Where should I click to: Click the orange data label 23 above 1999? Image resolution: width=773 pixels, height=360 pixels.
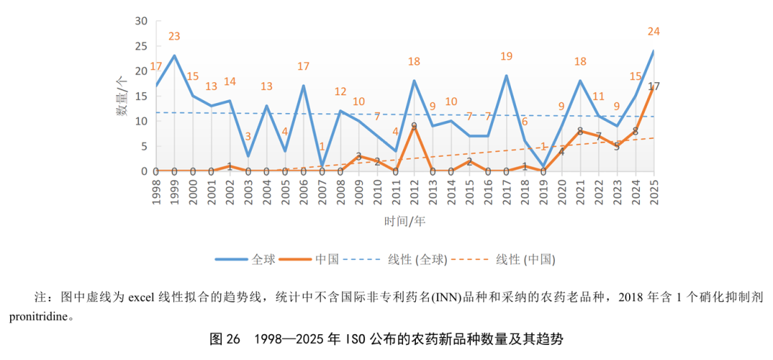pos(175,37)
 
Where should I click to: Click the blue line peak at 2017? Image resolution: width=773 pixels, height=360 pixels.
pos(506,76)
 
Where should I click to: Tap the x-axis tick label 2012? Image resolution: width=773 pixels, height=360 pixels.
pos(414,192)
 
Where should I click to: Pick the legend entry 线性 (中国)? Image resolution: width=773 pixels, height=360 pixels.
pos(526,259)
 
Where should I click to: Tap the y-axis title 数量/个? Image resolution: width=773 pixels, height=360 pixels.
pos(123,97)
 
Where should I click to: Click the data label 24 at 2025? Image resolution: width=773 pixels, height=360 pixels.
pos(653,32)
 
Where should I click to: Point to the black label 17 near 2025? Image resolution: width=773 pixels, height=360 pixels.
pos(653,87)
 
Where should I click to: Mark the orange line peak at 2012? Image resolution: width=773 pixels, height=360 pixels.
pos(414,127)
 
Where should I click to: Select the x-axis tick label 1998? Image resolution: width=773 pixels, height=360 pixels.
pos(156,192)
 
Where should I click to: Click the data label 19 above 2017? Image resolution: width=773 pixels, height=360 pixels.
pos(506,57)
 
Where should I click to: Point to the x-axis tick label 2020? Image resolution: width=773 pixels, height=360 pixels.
pos(562,192)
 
